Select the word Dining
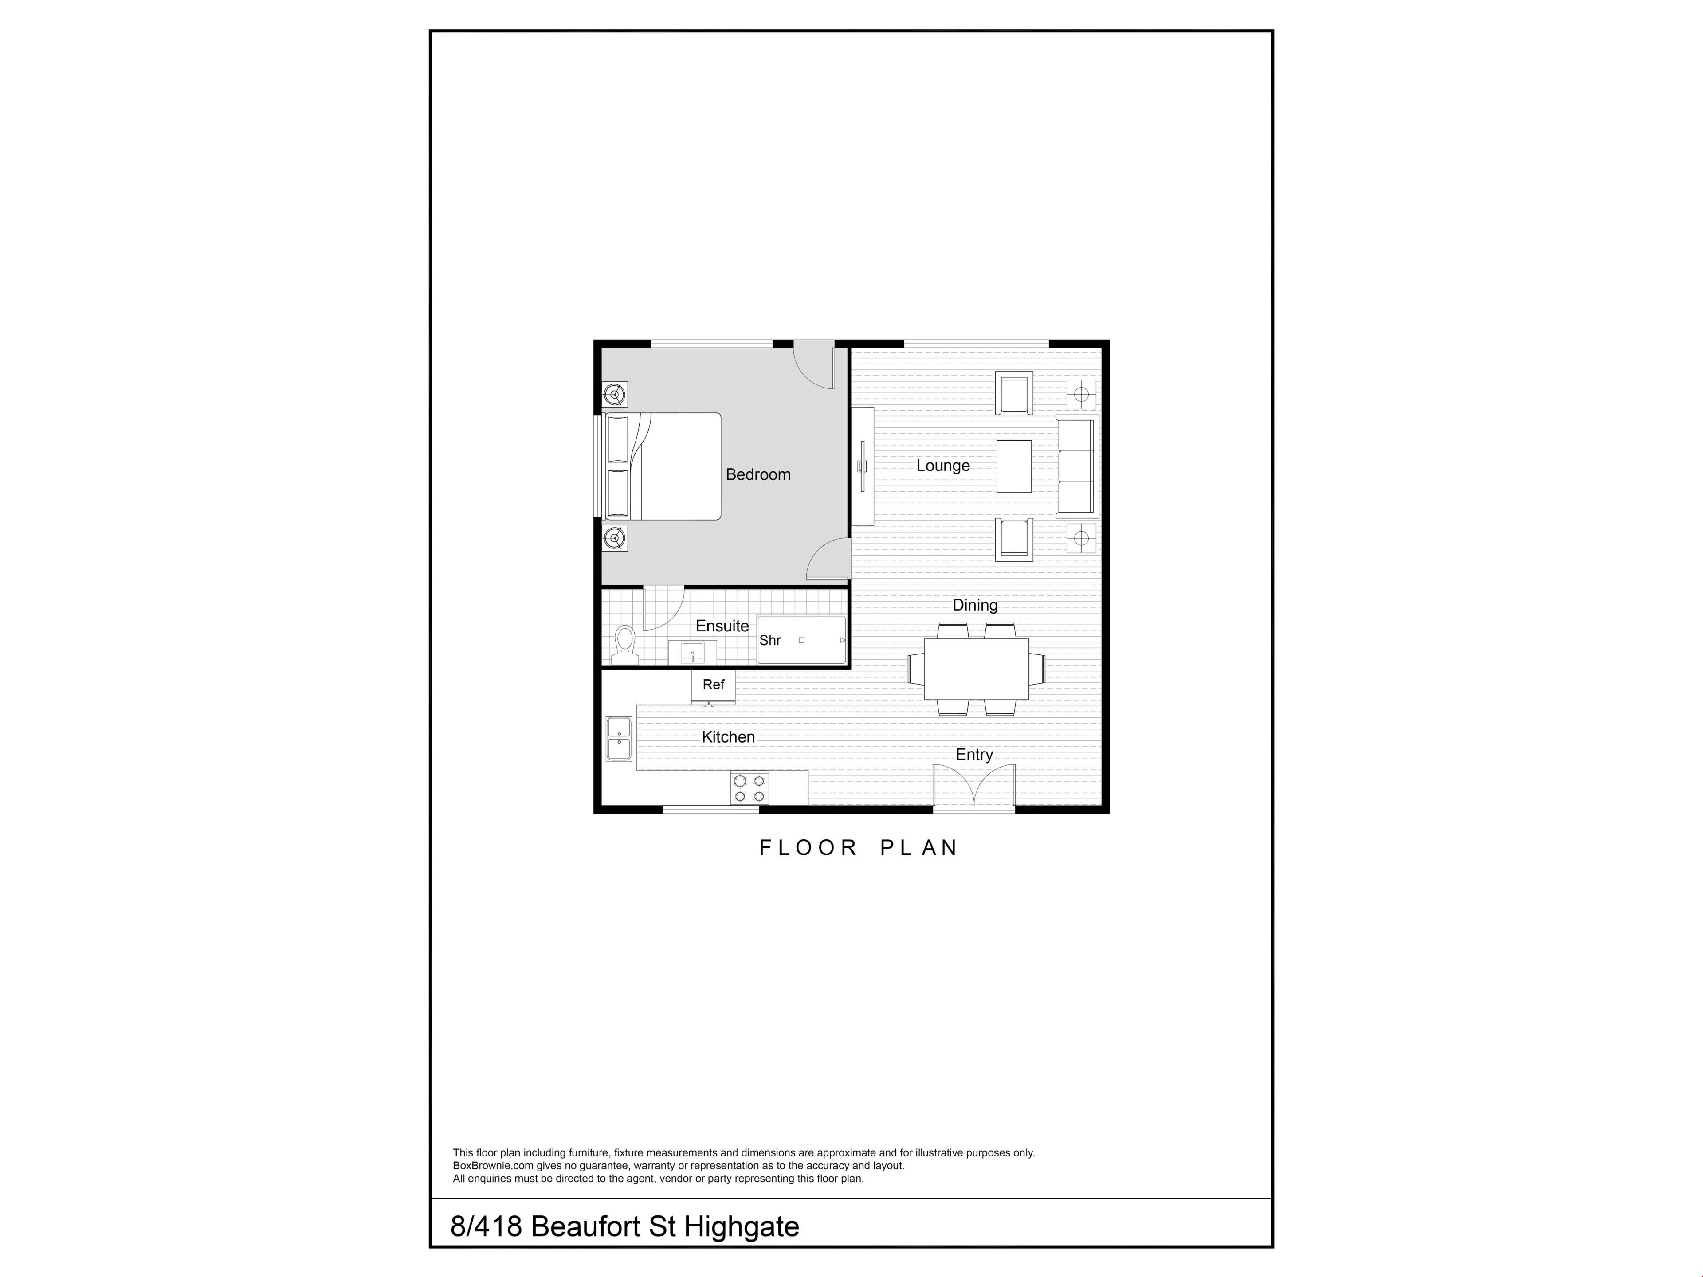(x=975, y=605)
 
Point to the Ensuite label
(x=722, y=626)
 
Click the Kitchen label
(x=728, y=736)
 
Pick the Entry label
(x=974, y=754)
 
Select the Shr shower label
(x=770, y=640)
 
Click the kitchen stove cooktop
(x=749, y=788)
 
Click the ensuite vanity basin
(x=692, y=653)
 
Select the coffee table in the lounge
(x=1014, y=466)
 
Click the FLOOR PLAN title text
(x=859, y=847)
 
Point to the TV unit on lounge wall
(x=862, y=466)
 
